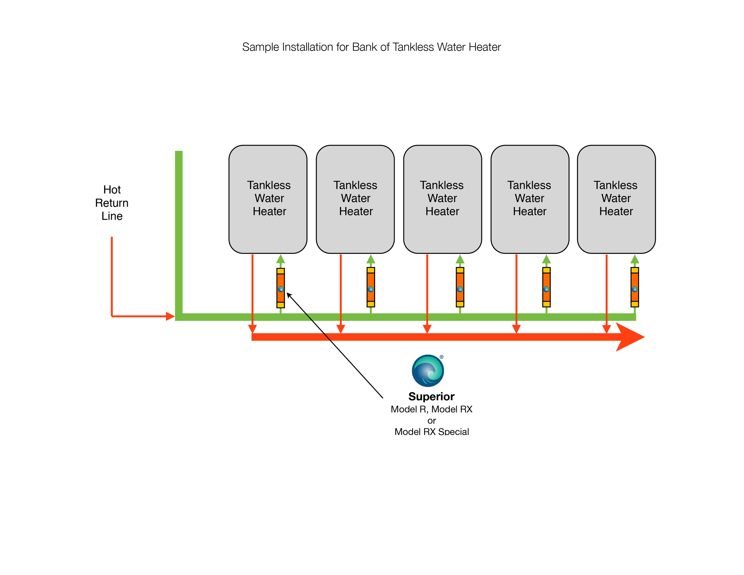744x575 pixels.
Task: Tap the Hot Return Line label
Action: (112, 203)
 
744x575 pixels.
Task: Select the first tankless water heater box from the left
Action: (268, 199)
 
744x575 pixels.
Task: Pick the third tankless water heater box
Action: (442, 199)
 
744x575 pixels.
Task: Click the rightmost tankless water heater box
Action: (616, 199)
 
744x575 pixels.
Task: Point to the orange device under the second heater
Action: (371, 287)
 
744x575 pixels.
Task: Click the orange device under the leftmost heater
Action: (280, 288)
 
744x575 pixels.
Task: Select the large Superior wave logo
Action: (428, 371)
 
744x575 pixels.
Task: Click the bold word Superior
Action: (431, 396)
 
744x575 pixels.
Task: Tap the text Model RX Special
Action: (432, 432)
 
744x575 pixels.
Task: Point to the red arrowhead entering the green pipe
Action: (170, 316)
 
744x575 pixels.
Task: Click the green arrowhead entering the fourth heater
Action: (546, 259)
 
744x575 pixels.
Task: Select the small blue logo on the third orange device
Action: (459, 289)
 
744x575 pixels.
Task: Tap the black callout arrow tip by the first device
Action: (288, 294)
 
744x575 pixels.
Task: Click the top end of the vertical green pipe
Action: (179, 153)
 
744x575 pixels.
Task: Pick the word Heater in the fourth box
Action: (529, 211)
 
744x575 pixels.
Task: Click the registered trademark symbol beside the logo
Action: (442, 357)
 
